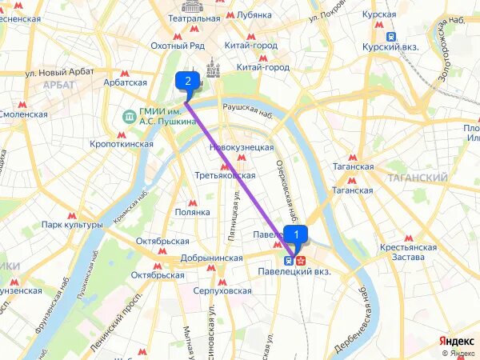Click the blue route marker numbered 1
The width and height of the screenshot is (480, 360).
tap(296, 234)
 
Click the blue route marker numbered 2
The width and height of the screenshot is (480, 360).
tap(187, 80)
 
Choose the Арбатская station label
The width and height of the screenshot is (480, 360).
tap(125, 82)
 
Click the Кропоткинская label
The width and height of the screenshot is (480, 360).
tap(122, 144)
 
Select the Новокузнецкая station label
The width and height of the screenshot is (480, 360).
tap(241, 147)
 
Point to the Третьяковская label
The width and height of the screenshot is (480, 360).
tap(225, 175)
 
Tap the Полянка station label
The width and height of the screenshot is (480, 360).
tap(193, 212)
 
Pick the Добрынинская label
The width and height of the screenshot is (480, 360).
tap(211, 258)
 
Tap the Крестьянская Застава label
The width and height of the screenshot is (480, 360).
tap(409, 253)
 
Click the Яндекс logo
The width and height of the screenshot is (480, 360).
tap(458, 342)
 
